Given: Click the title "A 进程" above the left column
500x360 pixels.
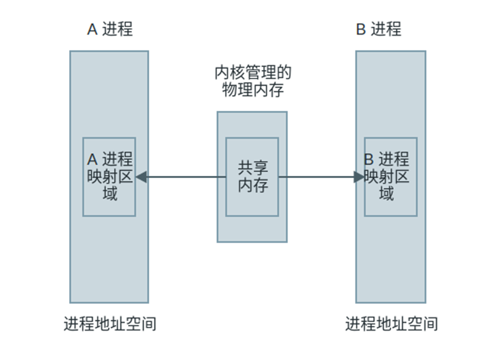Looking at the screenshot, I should pyautogui.click(x=110, y=29).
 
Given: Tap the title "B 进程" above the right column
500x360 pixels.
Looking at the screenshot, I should pyautogui.click(x=379, y=29).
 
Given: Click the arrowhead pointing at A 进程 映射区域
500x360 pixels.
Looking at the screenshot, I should pyautogui.click(x=141, y=177).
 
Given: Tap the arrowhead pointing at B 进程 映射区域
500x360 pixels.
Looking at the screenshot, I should pyautogui.click(x=359, y=177).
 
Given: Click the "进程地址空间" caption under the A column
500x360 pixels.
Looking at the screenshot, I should pyautogui.click(x=110, y=323).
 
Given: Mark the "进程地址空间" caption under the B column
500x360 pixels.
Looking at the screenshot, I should pyautogui.click(x=391, y=323).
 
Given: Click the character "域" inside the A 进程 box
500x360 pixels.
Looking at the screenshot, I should pyautogui.click(x=110, y=194).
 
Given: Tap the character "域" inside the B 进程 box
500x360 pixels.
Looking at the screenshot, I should pyautogui.click(x=387, y=194).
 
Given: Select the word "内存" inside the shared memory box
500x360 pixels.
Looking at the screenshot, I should pyautogui.click(x=253, y=185).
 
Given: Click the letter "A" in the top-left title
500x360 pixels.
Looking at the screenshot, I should pyautogui.click(x=92, y=30).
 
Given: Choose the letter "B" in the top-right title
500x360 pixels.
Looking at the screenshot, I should pyautogui.click(x=361, y=30).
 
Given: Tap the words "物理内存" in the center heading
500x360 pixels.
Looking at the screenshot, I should pyautogui.click(x=253, y=90).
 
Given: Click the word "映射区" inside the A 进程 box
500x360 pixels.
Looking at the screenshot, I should pyautogui.click(x=110, y=176).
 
